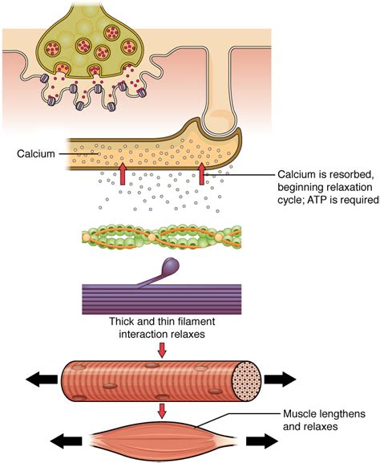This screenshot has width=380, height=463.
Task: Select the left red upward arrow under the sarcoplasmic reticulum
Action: (123, 174)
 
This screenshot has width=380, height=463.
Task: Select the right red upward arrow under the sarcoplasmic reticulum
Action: (202, 174)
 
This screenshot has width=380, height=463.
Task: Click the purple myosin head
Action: (172, 266)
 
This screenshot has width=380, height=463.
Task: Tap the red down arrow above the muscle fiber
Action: (164, 350)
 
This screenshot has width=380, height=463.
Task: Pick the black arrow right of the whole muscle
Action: (262, 440)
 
